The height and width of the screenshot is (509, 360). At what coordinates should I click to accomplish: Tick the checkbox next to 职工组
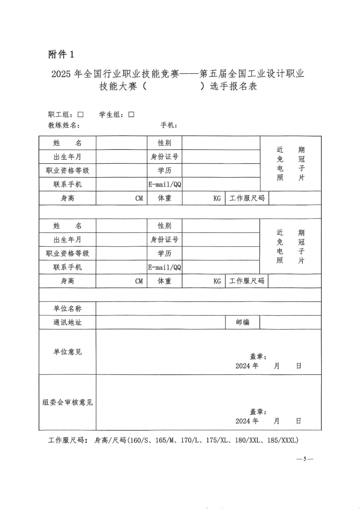point(80,115)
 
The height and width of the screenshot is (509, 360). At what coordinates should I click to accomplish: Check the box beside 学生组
point(131,115)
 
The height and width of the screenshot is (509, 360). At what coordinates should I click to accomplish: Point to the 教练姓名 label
point(64,126)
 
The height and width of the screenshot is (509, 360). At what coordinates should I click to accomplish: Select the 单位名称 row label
point(67,308)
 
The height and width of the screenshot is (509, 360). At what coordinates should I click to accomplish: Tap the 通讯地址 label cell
point(67,322)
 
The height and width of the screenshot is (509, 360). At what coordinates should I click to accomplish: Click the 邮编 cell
point(242,322)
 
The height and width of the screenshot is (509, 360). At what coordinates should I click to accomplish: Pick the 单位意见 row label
point(67,352)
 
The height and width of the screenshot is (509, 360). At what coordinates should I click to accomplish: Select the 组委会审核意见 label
point(67,402)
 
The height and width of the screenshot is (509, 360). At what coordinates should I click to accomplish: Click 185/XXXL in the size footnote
point(283,440)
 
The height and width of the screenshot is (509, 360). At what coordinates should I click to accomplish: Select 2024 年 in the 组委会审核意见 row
point(247,421)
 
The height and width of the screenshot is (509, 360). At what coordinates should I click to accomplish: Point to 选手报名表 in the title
point(233,87)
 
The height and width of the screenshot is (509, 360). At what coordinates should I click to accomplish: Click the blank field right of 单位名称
point(208,308)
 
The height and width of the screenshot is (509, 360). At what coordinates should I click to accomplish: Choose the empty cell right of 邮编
point(290,322)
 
